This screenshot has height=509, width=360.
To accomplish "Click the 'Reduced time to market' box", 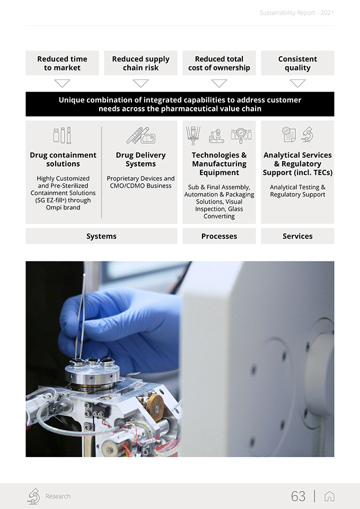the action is [63, 63].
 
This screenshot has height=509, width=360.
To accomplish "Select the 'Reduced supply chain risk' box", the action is [141, 63].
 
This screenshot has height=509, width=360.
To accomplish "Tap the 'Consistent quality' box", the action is [297, 63].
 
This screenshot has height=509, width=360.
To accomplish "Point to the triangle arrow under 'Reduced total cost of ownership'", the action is [219, 83].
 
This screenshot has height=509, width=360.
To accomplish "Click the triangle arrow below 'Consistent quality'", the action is [297, 83].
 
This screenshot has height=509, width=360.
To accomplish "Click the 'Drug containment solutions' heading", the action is [63, 160].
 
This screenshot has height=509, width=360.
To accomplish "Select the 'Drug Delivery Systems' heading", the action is [141, 160].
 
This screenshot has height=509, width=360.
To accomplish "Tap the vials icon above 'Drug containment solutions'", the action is [63, 135].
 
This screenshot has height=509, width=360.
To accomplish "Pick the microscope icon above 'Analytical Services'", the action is [307, 134].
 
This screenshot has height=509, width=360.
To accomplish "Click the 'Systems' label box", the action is [101, 236].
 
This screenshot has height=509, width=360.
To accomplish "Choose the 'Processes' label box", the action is [219, 236].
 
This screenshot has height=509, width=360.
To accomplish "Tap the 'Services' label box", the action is [297, 236].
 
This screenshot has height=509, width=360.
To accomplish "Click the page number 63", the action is [298, 496].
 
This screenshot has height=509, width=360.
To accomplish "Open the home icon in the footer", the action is [329, 496].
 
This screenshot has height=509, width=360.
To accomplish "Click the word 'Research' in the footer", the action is [58, 496].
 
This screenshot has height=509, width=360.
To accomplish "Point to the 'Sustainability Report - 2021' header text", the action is [297, 13].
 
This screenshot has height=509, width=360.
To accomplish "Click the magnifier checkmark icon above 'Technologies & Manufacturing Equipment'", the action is [241, 135].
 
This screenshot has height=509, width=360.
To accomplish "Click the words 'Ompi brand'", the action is [63, 207].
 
